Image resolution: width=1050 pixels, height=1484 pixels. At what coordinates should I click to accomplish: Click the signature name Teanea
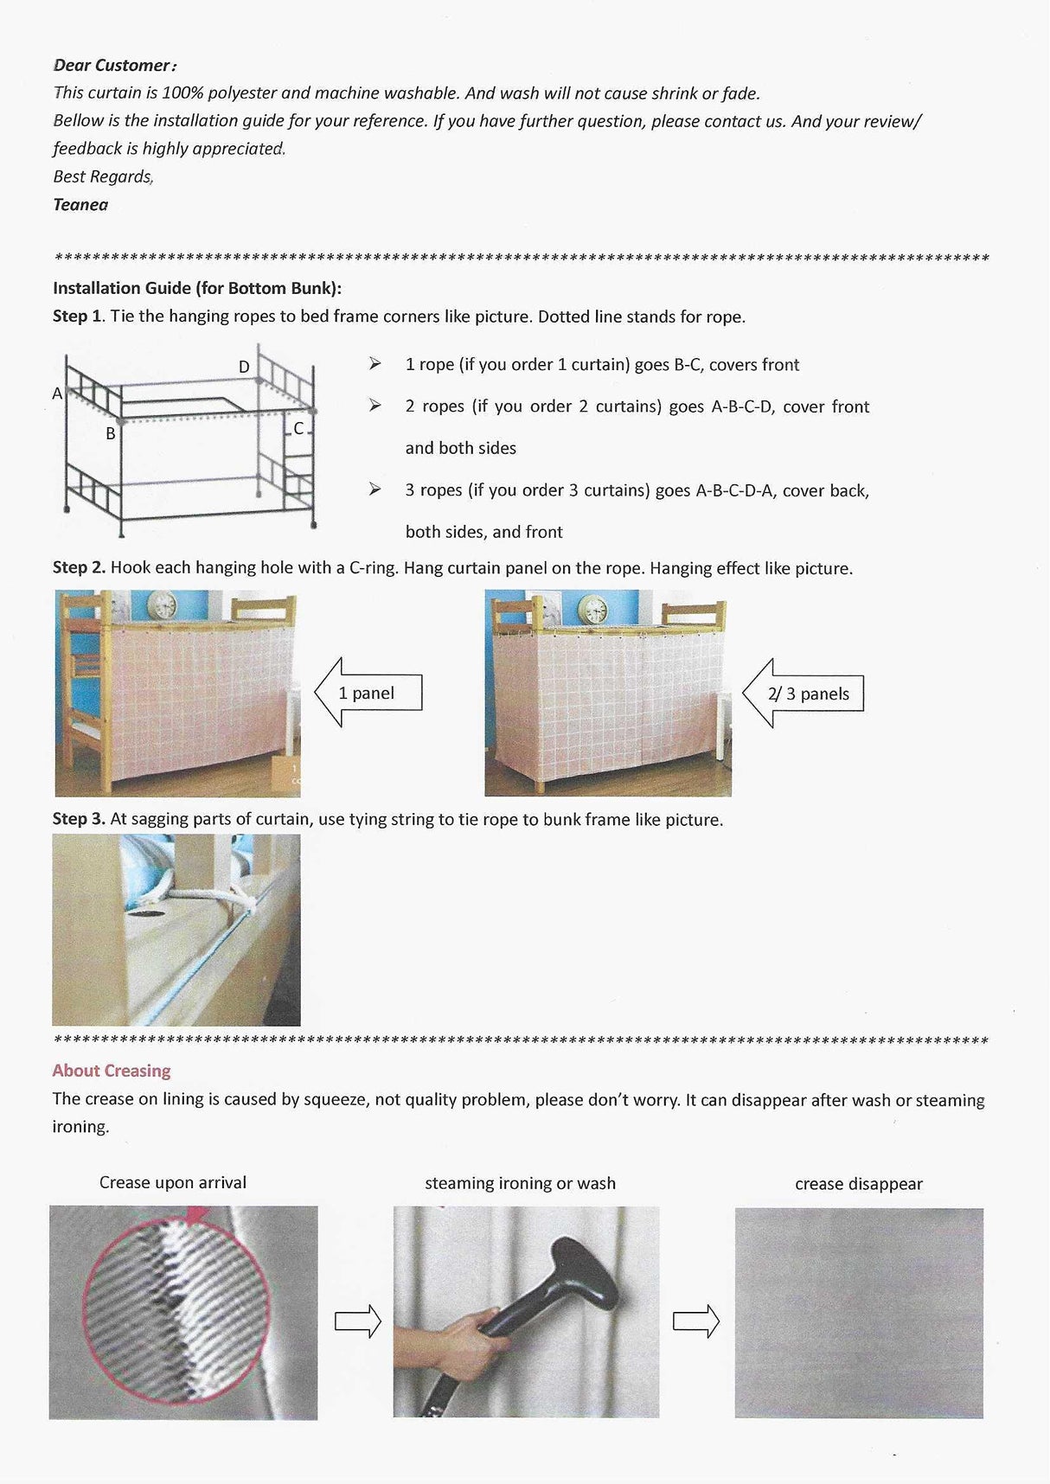coord(80,205)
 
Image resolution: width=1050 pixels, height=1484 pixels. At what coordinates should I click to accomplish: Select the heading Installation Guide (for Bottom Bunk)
coord(197,288)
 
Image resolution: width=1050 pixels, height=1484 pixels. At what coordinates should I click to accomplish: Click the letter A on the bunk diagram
coord(57,393)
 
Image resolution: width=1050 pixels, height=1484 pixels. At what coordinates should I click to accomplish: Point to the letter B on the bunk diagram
coord(111,433)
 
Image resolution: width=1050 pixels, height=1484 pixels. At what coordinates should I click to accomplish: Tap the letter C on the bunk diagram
coord(298,428)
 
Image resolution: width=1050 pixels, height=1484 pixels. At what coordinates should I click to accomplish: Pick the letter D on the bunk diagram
coord(244,367)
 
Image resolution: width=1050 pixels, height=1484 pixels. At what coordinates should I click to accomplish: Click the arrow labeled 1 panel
coord(368,693)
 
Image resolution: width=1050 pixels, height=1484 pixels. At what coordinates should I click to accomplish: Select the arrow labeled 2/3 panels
coord(804,694)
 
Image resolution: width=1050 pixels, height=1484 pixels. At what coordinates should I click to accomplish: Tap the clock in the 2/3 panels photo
coord(592,608)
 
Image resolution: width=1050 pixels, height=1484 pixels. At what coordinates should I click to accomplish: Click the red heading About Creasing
coord(112,1071)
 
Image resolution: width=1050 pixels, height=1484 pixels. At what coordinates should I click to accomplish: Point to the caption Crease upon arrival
coord(173,1182)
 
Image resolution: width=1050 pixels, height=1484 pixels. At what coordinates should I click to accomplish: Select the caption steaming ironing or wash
coord(520,1183)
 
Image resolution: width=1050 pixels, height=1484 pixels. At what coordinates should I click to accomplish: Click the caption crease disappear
coord(859,1184)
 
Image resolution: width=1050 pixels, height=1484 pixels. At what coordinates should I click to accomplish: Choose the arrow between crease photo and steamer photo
coord(357,1321)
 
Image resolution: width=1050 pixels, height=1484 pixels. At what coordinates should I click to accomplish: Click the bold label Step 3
coord(79,819)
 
